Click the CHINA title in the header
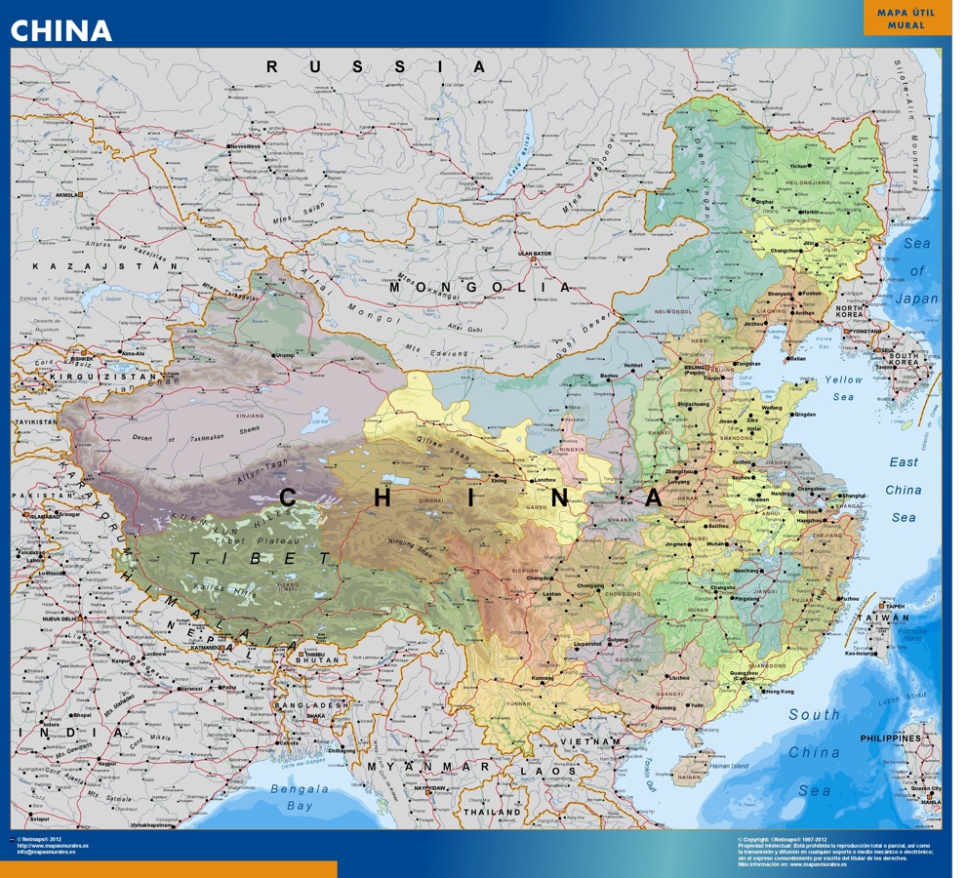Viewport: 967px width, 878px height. [x=61, y=30]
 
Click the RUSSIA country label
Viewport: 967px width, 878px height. [x=376, y=66]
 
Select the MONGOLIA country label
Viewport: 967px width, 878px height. [x=480, y=288]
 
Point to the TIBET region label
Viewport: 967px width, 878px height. [x=260, y=558]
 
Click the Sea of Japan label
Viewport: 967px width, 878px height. [x=917, y=271]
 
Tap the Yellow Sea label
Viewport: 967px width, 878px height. [x=843, y=387]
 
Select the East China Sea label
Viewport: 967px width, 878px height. [x=904, y=490]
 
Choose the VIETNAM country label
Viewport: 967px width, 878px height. [x=589, y=742]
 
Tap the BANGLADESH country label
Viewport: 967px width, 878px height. [x=311, y=704]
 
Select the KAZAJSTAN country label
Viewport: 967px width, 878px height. [x=74, y=265]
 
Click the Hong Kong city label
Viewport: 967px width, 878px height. [x=781, y=692]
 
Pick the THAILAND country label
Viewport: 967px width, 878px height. [x=491, y=812]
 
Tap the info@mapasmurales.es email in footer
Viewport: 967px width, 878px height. [x=48, y=852]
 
